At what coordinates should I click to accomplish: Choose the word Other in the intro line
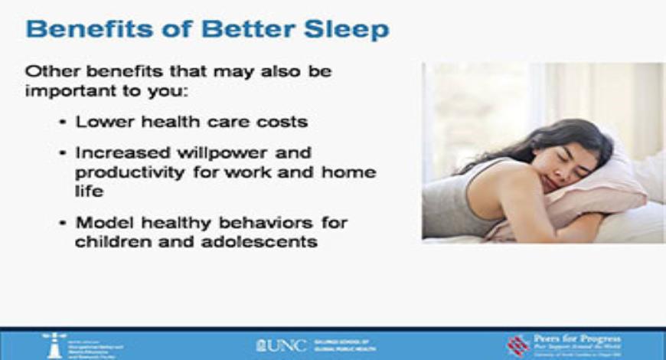[x=49, y=70]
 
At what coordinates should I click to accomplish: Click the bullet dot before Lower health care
[x=62, y=123]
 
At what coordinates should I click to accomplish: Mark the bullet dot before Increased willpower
[x=62, y=153]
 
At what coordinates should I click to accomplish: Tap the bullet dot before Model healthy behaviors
[x=62, y=224]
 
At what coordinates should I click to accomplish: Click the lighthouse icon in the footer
[x=54, y=344]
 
